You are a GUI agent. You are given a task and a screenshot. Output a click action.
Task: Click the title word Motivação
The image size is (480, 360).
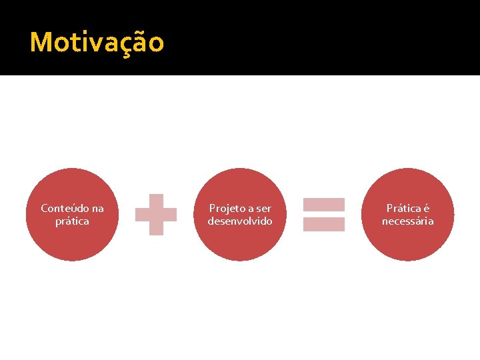(97, 43)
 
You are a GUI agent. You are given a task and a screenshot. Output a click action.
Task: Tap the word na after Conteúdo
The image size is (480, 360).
(97, 209)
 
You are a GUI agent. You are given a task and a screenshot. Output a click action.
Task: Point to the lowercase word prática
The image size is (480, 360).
(72, 221)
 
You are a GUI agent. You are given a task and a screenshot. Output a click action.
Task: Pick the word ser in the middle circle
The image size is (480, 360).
(263, 209)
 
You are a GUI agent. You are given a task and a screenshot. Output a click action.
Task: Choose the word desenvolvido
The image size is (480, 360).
(240, 221)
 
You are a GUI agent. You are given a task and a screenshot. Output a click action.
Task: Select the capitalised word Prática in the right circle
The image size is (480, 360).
(403, 209)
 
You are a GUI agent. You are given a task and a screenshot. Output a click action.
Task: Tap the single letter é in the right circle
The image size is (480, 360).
(425, 209)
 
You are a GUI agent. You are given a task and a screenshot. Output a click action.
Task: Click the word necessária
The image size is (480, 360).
(407, 221)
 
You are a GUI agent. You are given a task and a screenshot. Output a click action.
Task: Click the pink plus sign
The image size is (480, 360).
(156, 215)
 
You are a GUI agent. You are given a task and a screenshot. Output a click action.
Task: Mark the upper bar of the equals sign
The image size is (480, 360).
(324, 205)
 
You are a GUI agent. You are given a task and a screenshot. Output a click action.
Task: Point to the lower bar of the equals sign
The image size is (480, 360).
(324, 224)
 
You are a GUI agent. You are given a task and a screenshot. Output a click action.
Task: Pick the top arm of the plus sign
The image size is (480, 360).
(156, 201)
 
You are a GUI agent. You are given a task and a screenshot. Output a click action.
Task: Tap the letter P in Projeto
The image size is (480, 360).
(213, 209)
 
